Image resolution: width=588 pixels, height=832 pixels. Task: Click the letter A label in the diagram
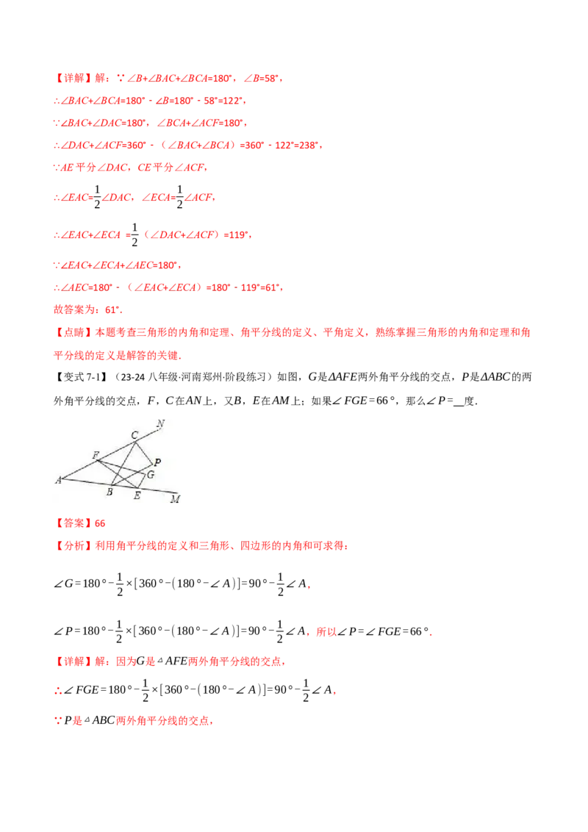pos(58,480)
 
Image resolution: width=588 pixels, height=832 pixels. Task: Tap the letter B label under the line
pos(110,492)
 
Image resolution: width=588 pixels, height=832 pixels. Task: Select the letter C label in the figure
pos(135,435)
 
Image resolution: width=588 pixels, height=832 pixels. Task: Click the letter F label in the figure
pos(95,455)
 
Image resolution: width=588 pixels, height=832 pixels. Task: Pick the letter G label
pos(151,475)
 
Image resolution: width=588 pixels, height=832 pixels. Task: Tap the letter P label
pos(157,462)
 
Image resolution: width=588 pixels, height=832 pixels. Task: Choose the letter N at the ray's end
pos(160,423)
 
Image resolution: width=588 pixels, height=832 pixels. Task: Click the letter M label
pos(175,500)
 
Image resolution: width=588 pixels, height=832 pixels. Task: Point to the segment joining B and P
pos(132,475)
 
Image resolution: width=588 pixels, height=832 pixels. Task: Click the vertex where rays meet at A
pos(65,478)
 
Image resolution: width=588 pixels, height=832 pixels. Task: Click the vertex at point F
pos(99,461)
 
